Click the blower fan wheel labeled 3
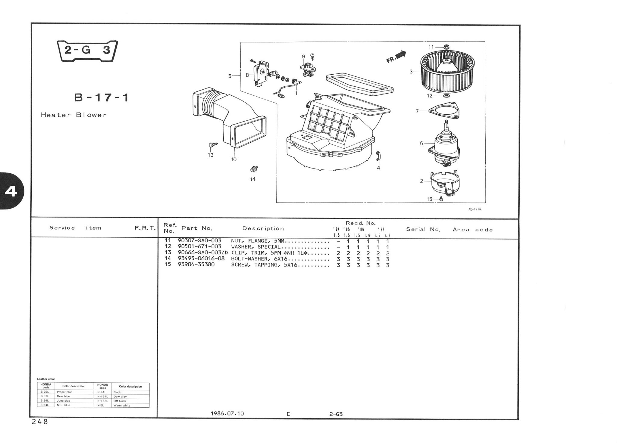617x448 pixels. click(447, 71)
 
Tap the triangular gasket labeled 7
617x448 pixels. click(444, 111)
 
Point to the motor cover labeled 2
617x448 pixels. click(444, 183)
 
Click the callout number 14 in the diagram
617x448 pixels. click(252, 179)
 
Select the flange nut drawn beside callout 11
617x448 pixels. click(446, 47)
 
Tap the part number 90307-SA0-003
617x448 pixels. click(199, 241)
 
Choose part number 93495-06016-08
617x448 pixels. click(201, 259)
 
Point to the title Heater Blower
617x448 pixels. click(74, 115)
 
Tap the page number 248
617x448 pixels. click(40, 422)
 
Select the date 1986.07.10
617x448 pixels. click(227, 413)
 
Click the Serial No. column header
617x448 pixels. click(423, 230)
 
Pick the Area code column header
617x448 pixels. click(473, 230)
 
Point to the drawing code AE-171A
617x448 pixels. click(475, 209)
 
